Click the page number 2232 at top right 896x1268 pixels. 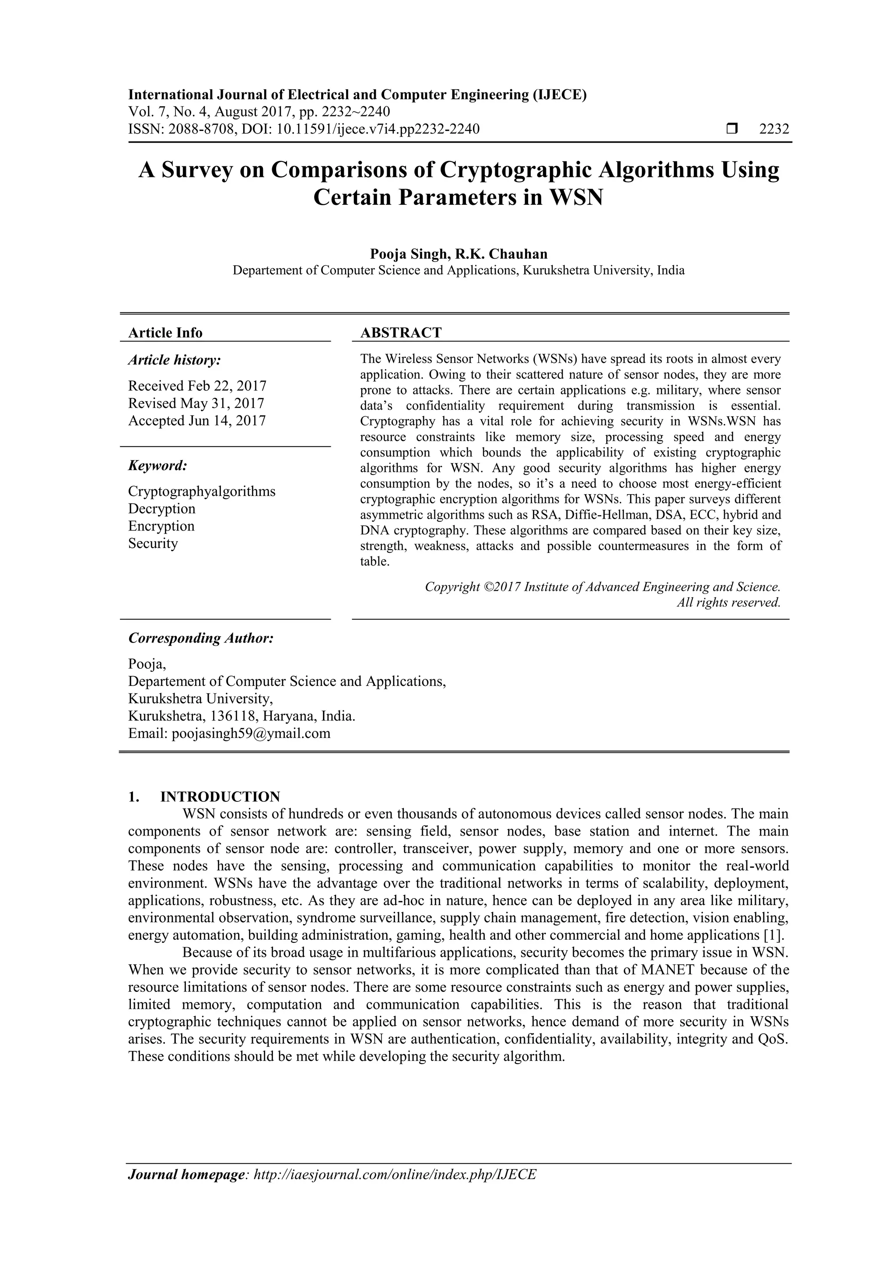click(x=774, y=129)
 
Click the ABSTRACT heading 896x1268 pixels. click(x=401, y=333)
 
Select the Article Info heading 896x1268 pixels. click(x=165, y=333)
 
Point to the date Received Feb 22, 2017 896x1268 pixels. click(x=197, y=386)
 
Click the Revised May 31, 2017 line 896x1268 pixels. click(x=196, y=403)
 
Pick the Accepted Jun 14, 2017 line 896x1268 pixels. click(x=196, y=421)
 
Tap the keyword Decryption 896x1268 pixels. click(x=162, y=509)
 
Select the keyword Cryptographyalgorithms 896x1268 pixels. click(x=202, y=491)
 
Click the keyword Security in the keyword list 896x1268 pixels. click(x=153, y=544)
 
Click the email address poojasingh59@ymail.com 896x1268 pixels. click(x=251, y=734)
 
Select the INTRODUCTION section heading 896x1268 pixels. click(x=220, y=796)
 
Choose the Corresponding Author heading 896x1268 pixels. click(x=201, y=639)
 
